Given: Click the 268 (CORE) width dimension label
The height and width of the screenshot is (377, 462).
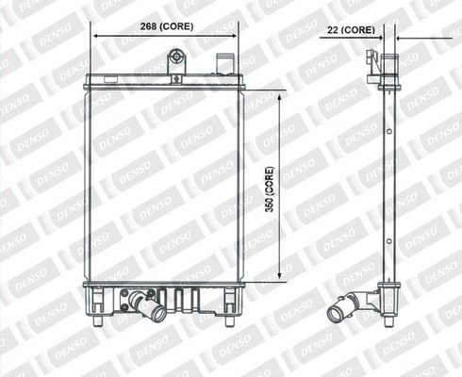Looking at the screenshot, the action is (167, 26).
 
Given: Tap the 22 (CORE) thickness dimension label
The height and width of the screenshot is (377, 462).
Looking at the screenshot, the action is (351, 30).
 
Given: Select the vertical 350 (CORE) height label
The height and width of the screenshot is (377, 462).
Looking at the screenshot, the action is (270, 189).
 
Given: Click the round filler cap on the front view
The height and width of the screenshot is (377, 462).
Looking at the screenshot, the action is (176, 57).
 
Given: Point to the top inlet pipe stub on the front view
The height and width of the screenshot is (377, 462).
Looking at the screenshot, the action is (224, 64).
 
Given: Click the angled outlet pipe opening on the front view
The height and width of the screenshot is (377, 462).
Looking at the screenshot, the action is (158, 313).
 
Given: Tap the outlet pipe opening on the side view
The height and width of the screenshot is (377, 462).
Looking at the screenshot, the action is (336, 313).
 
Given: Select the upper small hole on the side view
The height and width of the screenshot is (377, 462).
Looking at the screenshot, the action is (389, 132).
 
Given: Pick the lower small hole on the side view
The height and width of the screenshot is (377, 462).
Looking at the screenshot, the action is (389, 241).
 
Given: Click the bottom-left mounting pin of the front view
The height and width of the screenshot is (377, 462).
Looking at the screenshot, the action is (98, 321).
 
